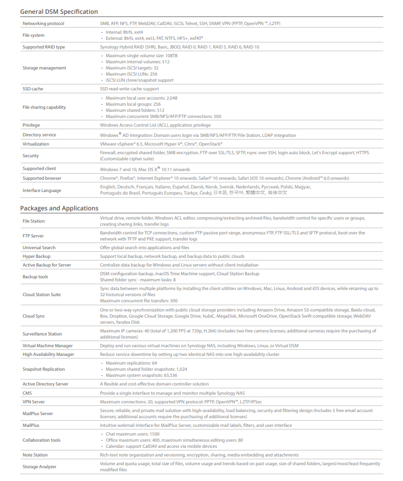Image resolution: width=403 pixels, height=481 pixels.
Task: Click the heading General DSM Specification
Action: [59, 11]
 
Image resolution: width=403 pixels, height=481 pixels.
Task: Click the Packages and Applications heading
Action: [59, 208]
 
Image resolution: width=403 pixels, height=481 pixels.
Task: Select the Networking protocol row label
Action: [43, 23]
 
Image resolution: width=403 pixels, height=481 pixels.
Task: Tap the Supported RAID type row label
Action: [43, 47]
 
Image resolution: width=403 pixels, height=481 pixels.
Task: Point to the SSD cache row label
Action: [33, 89]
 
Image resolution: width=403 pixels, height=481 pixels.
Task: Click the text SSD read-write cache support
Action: [129, 89]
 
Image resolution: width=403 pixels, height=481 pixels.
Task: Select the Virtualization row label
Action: [36, 144]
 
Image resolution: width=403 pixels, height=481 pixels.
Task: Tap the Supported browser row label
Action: [42, 178]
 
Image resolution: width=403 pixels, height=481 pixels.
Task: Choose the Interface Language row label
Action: [42, 190]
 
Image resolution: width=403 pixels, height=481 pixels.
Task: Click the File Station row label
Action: [34, 221]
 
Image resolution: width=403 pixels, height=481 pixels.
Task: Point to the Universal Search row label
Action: [39, 248]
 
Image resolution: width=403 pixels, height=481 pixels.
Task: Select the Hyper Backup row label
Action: [36, 256]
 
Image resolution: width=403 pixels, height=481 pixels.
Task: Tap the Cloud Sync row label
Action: [34, 316]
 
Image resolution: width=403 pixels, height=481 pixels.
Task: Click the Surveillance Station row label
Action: [42, 334]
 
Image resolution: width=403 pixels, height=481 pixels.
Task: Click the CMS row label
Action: [27, 393]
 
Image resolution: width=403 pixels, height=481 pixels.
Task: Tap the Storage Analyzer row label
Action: [39, 467]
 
